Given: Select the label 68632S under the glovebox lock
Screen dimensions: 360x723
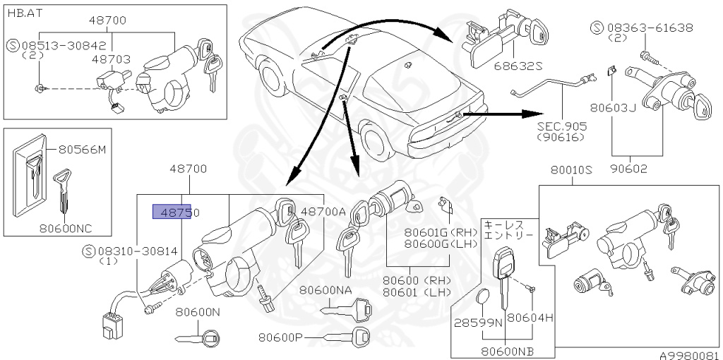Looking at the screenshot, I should (518, 66).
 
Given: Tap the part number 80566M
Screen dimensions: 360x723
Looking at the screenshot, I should (82, 150).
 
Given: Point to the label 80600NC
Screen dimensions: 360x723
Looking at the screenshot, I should (66, 228).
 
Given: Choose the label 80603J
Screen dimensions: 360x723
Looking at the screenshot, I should (614, 109).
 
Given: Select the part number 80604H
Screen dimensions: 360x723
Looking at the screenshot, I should (530, 318).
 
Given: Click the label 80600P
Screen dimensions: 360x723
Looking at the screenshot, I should (280, 337).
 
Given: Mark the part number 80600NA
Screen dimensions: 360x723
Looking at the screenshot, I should (325, 289).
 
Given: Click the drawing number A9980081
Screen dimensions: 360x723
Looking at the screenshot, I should (690, 355).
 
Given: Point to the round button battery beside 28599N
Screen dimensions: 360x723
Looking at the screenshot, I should (484, 299).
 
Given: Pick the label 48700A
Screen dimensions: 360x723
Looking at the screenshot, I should (323, 211).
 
